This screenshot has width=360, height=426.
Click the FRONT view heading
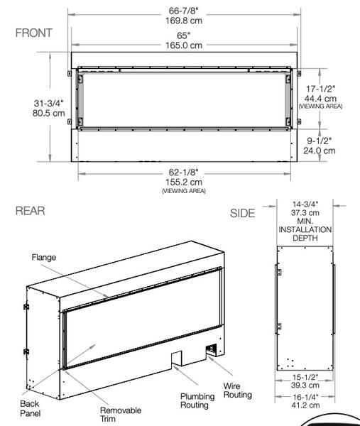pyautogui.click(x=33, y=33)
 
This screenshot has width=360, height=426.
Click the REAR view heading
pyautogui.click(x=30, y=211)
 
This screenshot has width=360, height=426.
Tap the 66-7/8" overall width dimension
pyautogui.click(x=185, y=11)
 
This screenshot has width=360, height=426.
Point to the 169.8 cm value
pyautogui.click(x=185, y=20)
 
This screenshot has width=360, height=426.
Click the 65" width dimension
pyautogui.click(x=185, y=35)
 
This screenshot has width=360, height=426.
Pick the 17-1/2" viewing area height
pyautogui.click(x=320, y=89)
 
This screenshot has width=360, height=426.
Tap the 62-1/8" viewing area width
pyautogui.click(x=185, y=173)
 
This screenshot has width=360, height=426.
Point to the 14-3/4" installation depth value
pyautogui.click(x=304, y=203)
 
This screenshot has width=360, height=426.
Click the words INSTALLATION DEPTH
pyautogui.click(x=304, y=234)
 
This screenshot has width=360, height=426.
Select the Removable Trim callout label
pyautogui.click(x=120, y=415)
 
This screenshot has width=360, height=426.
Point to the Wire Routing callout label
pyautogui.click(x=237, y=390)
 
